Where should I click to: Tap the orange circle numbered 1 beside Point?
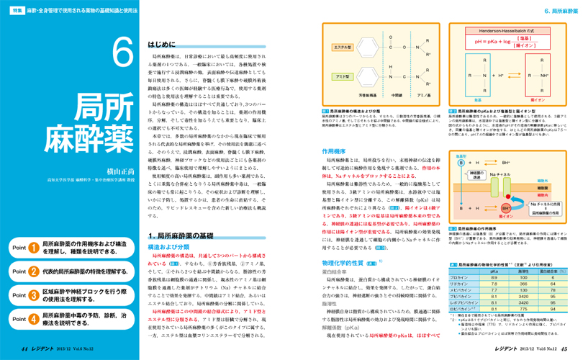pos(34,228)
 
